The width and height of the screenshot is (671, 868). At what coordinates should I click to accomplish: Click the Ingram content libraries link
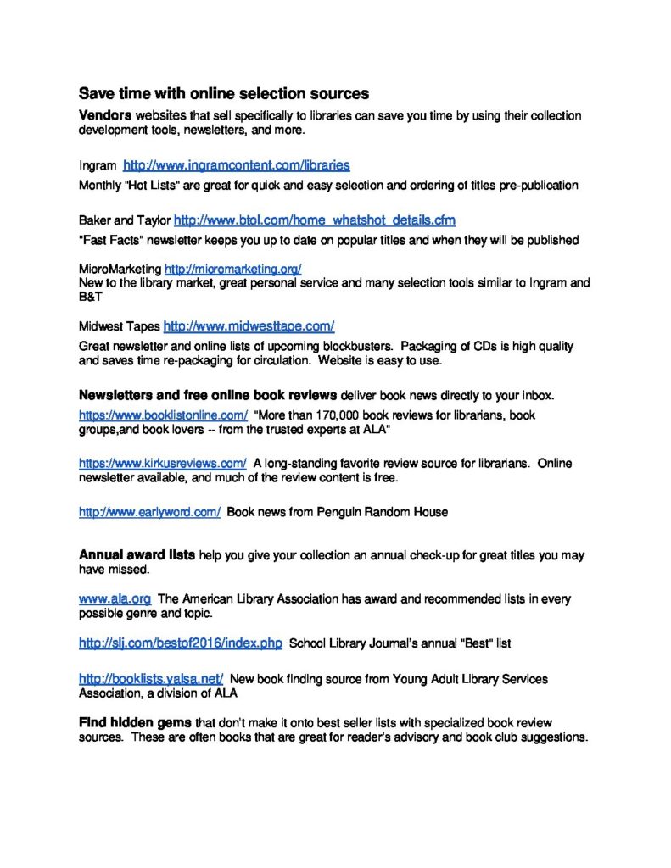click(x=237, y=165)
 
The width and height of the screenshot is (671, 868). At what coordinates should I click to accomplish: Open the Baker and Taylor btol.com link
click(x=315, y=220)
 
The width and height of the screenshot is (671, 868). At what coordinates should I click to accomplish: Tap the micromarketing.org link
click(x=232, y=269)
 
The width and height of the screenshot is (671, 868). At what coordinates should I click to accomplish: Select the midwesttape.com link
click(x=249, y=325)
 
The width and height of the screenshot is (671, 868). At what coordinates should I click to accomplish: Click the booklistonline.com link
click(x=163, y=415)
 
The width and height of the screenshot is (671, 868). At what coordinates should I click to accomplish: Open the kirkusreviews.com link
click(x=163, y=463)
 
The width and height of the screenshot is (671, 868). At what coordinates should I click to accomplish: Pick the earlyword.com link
click(x=149, y=511)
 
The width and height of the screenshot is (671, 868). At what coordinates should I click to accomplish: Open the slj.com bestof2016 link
click(x=180, y=643)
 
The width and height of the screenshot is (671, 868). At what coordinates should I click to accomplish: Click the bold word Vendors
click(x=105, y=115)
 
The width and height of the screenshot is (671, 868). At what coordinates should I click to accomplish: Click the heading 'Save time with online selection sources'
click(x=224, y=92)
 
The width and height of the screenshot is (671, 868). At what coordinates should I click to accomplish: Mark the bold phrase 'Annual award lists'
click(x=137, y=554)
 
